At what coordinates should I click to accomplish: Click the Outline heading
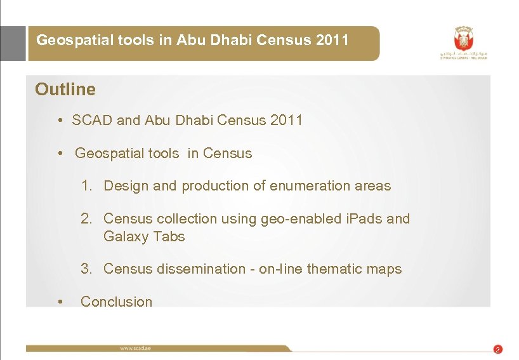[65, 90]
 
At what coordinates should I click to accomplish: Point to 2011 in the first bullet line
[286, 120]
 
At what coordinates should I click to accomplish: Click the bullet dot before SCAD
[58, 120]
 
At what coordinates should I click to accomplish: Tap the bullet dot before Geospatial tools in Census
[58, 154]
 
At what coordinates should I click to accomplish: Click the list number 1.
[87, 186]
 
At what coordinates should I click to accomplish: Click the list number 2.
[87, 219]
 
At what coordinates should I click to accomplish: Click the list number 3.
[87, 269]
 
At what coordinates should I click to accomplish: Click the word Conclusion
[117, 302]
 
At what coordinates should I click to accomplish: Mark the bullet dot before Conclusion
[59, 302]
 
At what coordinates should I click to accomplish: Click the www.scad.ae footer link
[135, 348]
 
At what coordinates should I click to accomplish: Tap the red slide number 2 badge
[497, 349]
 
